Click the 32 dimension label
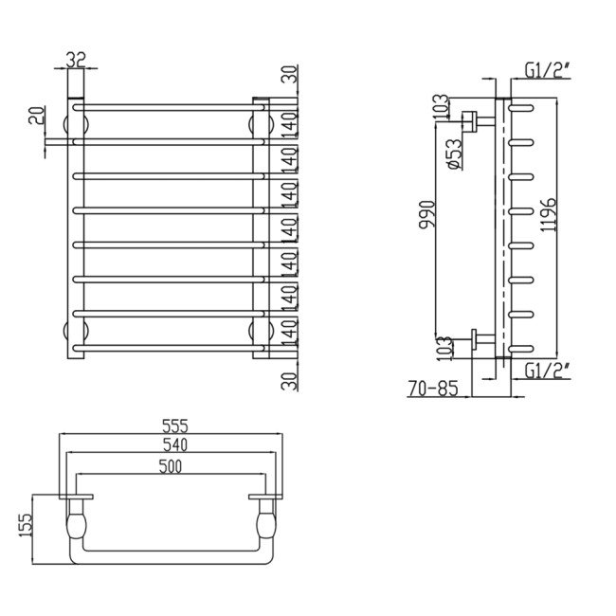77,60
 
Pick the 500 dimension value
171,464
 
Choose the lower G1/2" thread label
547,371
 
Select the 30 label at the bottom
291,380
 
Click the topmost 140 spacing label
291,121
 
